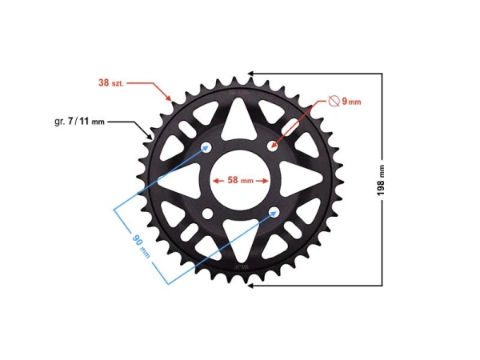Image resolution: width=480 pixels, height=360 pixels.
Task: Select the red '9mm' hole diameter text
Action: coord(351,102)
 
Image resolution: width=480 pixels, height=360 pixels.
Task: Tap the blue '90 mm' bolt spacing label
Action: coord(142,244)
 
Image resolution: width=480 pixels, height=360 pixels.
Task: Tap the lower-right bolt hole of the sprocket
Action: coord(274,212)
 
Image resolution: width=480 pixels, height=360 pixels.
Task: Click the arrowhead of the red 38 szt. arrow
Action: coord(170,99)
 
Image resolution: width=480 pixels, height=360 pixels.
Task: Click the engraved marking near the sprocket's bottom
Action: coord(241,264)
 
